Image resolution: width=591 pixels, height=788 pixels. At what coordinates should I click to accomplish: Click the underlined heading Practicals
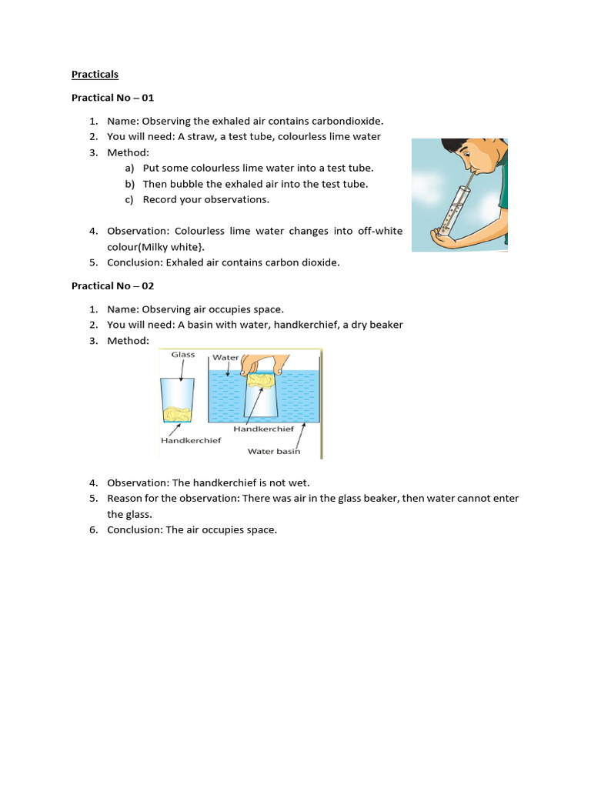click(x=95, y=75)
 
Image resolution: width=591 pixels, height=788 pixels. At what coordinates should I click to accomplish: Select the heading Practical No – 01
click(x=112, y=98)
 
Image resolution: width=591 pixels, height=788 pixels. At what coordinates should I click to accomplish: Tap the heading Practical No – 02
click(x=112, y=285)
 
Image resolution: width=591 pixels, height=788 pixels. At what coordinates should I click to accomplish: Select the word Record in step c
click(x=161, y=199)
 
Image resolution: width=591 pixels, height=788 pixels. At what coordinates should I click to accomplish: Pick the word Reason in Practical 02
click(x=125, y=498)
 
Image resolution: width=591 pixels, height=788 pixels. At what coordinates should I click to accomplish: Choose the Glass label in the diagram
click(x=183, y=355)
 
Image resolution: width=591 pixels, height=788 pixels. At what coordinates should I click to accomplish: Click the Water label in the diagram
click(x=225, y=358)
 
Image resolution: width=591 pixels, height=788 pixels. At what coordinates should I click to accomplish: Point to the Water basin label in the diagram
click(x=274, y=451)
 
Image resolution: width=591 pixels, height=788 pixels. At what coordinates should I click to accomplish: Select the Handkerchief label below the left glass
click(x=191, y=440)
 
